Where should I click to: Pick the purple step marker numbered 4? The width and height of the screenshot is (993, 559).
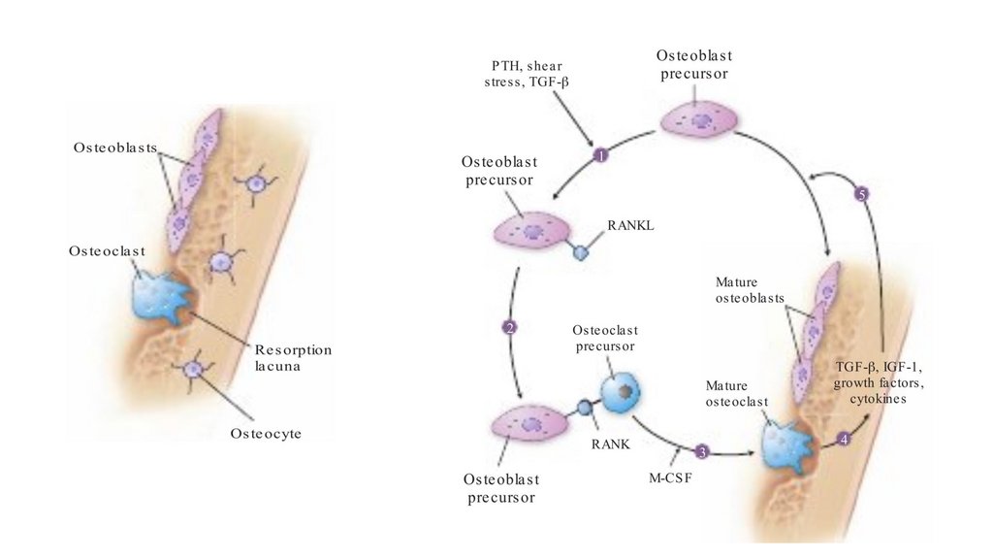[x=844, y=439]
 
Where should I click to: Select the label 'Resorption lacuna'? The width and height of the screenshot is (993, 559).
[x=293, y=356]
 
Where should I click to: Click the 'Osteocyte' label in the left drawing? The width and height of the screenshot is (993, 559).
[x=266, y=434]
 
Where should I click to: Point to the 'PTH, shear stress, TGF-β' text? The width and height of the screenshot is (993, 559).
[x=527, y=75]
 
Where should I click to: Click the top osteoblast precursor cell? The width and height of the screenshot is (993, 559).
[x=700, y=120]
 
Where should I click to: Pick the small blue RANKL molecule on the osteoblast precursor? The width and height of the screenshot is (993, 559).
[x=582, y=253]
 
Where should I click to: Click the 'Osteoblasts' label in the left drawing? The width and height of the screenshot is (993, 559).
[x=115, y=148]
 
